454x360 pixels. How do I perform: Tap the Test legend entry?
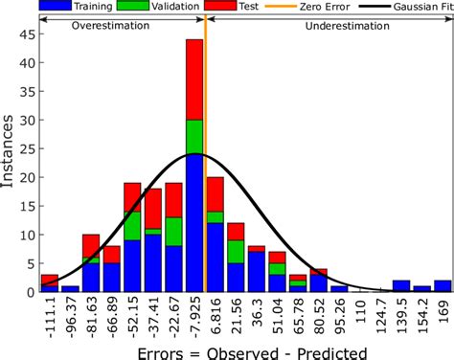[240, 7]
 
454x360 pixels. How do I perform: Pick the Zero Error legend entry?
[301, 7]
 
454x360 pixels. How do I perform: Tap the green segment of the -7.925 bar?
[194, 137]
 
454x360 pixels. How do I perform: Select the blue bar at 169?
[443, 286]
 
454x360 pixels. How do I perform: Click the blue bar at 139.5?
[401, 286]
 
